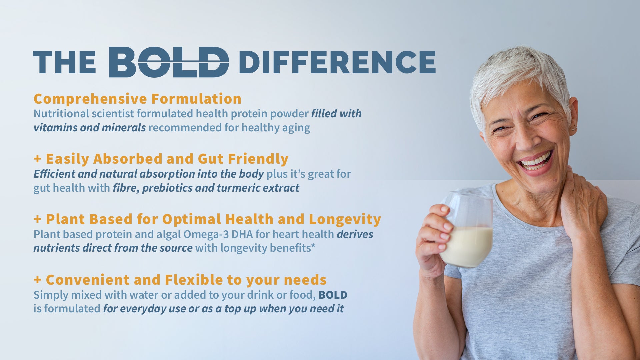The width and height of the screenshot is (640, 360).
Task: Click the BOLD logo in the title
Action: (169, 62)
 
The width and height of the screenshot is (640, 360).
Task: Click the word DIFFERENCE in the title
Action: (337, 62)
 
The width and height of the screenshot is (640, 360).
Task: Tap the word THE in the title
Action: (64, 62)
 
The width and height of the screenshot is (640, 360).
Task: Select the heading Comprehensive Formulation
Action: (137, 99)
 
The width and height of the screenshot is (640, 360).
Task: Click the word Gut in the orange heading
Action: (211, 159)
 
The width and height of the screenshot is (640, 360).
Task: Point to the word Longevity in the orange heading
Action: (345, 219)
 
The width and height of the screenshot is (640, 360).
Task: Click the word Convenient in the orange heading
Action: (87, 280)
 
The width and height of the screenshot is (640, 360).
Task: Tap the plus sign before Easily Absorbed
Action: (37, 159)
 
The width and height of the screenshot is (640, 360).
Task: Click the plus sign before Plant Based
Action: (37, 219)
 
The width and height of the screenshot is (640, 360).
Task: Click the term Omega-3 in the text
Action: (206, 234)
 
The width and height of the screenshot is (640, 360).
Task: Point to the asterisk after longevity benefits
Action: (313, 247)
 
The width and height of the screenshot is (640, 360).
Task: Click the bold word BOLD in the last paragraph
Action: (333, 295)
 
